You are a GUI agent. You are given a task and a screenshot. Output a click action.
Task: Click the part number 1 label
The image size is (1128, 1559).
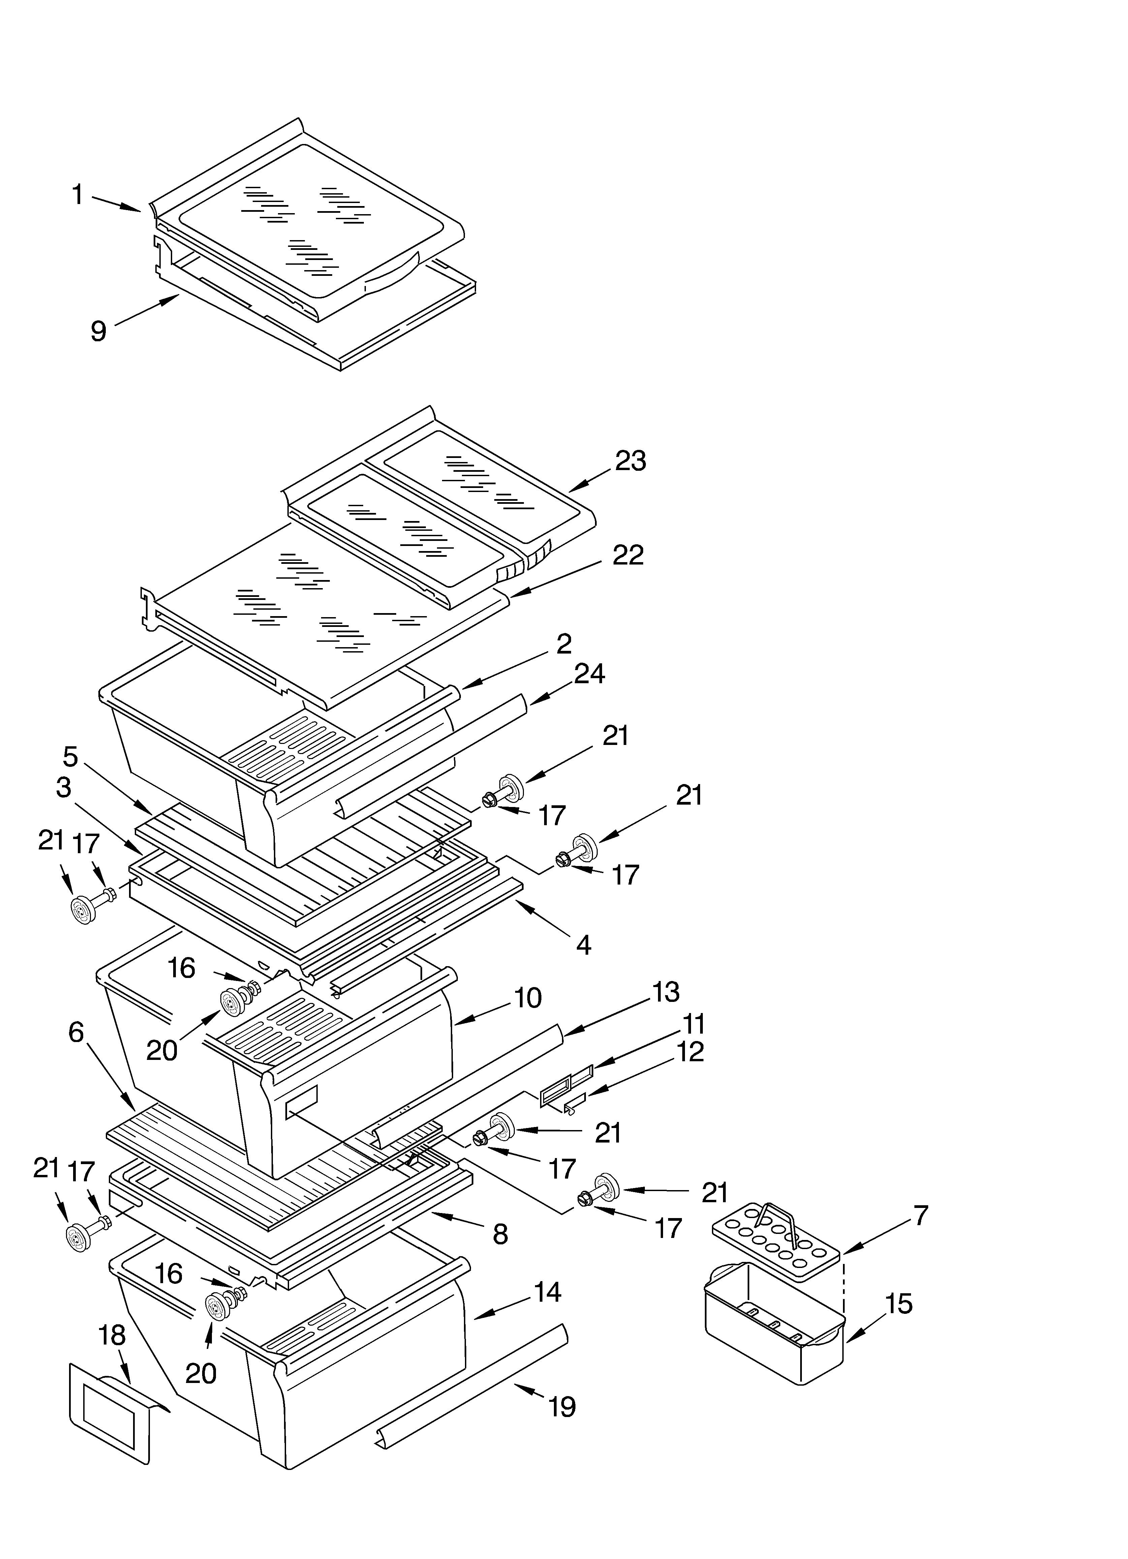(77, 195)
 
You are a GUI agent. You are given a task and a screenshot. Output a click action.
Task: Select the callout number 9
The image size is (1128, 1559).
(99, 331)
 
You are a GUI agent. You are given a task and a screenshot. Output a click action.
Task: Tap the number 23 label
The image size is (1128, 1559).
(630, 461)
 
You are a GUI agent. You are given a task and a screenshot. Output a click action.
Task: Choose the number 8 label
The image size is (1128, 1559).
(500, 1235)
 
